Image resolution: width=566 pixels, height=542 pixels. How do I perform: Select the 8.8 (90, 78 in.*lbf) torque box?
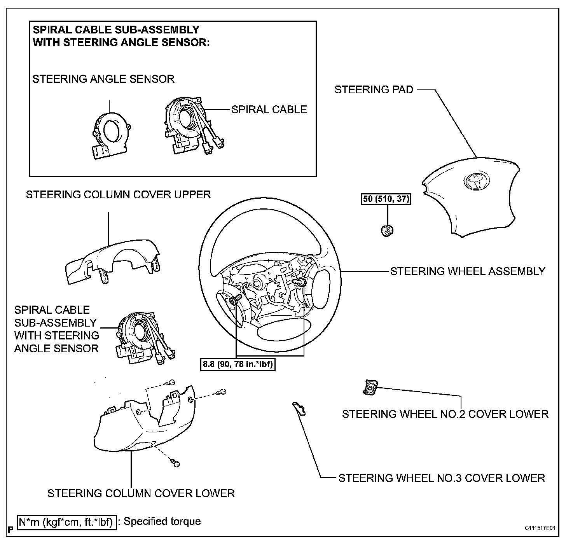(238, 365)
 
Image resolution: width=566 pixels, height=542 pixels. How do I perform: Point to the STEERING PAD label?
(374, 90)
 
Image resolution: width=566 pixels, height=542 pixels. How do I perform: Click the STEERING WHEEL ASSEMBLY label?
(468, 271)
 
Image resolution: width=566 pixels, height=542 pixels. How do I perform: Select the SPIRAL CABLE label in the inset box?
(269, 110)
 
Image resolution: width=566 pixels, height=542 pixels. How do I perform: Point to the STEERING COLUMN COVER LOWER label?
(141, 493)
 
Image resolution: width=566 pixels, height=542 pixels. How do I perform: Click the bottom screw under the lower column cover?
(176, 463)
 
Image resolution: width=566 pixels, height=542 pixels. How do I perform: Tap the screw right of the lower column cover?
(222, 392)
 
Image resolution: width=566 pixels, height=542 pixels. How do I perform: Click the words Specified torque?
(162, 521)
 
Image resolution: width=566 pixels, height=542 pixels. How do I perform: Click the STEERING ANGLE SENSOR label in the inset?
(103, 79)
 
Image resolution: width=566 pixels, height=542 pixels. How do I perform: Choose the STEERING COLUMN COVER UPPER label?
(118, 194)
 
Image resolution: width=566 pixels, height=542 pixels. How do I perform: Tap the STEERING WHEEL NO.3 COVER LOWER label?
(442, 478)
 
